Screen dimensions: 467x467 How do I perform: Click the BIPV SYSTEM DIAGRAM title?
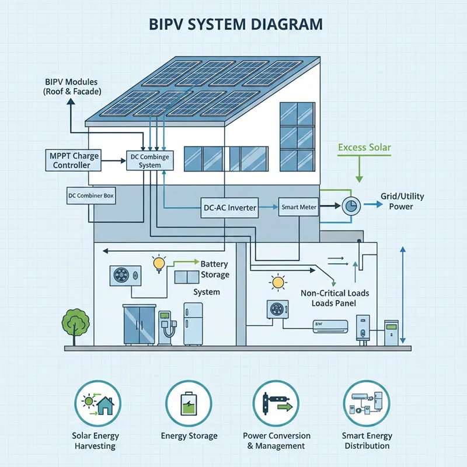tap(233, 25)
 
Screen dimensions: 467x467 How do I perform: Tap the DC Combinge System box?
tap(149, 161)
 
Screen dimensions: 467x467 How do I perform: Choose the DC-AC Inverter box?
tap(229, 208)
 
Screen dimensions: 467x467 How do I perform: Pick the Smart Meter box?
tap(299, 207)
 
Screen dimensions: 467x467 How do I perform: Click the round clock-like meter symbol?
tap(351, 205)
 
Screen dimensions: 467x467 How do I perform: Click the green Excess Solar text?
tap(364, 148)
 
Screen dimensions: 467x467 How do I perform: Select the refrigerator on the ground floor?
tap(193, 324)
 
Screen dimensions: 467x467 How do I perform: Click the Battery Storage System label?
tap(212, 277)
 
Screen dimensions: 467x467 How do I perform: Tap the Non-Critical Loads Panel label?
tap(334, 298)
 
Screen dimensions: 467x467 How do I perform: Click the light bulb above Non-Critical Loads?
tap(276, 284)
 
